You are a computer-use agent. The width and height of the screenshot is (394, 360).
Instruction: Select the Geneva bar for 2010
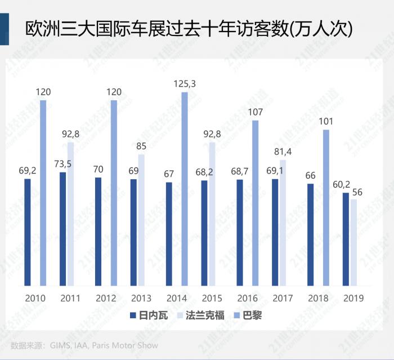click(28, 231)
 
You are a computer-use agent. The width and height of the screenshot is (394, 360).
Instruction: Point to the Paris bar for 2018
click(326, 206)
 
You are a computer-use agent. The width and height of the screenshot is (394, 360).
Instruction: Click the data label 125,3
click(185, 85)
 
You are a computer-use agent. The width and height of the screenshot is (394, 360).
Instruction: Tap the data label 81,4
click(283, 152)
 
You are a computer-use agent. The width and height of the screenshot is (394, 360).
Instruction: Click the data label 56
click(356, 192)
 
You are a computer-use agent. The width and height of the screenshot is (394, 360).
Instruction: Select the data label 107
click(255, 112)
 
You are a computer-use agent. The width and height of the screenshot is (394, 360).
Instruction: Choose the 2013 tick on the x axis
click(141, 297)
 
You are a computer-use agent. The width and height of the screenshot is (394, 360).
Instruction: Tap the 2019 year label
click(353, 297)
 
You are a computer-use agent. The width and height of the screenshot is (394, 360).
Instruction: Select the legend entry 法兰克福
click(206, 315)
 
